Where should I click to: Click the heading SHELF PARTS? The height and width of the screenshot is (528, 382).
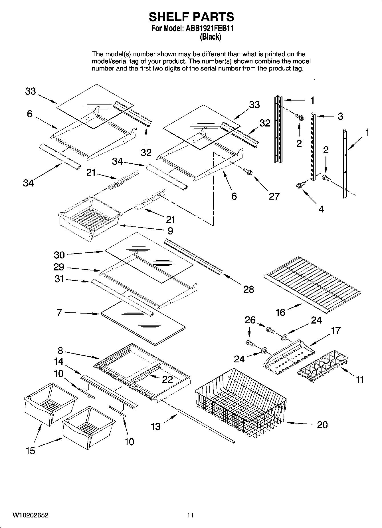pos(191,17)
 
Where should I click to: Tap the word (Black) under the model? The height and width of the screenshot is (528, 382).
pos(211,37)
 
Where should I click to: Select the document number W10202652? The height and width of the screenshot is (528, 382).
pos(30,515)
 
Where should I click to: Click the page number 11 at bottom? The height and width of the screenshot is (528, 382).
pos(190,515)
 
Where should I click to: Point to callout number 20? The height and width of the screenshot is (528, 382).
pos(322,425)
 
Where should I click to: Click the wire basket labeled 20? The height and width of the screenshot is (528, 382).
pos(241,404)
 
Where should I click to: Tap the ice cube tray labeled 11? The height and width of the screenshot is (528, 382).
pos(324,366)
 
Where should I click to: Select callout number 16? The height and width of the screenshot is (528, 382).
pos(280,312)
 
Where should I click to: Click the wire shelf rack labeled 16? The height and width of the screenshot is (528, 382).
pos(312,283)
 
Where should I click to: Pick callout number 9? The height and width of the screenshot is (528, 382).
pos(170,231)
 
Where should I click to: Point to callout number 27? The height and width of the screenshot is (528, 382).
pos(274,196)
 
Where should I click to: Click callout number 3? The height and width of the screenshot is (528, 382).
pos(340,116)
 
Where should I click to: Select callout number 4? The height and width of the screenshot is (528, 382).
pos(321,209)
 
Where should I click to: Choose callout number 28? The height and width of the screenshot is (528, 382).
pos(248,289)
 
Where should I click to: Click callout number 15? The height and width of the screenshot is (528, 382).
pos(30,451)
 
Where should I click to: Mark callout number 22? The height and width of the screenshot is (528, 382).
pos(167,379)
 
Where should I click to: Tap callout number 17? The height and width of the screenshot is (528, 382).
pos(336,330)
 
